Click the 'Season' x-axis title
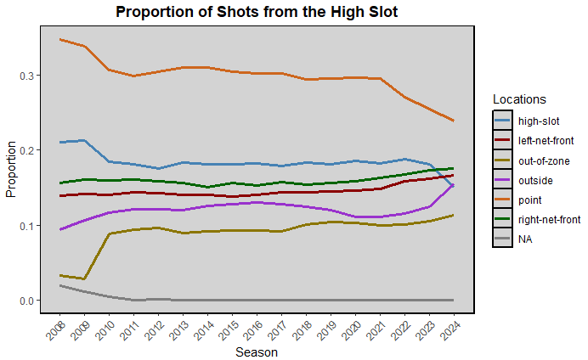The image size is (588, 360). tap(256, 351)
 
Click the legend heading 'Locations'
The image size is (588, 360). tap(519, 99)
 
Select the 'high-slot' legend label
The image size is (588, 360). tap(540, 121)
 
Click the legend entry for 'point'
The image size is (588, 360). tap(532, 200)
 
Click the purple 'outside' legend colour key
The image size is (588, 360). tap(503, 180)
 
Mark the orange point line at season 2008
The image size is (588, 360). tap(60, 39)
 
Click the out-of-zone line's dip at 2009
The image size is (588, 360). tap(85, 278)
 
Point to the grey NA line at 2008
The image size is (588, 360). tap(60, 285)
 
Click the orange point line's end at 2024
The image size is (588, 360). tap(454, 121)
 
